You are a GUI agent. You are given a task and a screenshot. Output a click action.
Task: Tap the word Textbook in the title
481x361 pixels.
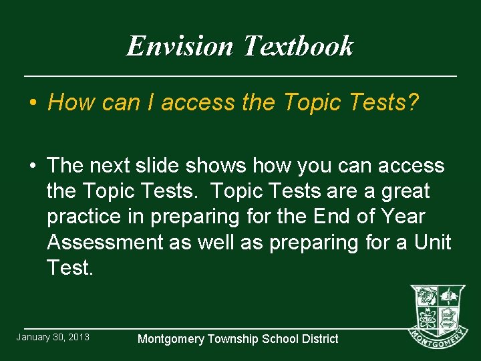point(298,46)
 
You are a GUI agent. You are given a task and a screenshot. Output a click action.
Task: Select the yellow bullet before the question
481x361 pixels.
point(32,103)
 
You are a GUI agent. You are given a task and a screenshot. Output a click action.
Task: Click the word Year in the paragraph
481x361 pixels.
point(403,217)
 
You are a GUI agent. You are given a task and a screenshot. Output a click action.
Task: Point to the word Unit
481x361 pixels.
point(432,242)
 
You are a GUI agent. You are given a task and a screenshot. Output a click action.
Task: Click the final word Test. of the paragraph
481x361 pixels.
point(70,267)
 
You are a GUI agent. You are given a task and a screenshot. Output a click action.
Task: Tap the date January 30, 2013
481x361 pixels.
point(53,337)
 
